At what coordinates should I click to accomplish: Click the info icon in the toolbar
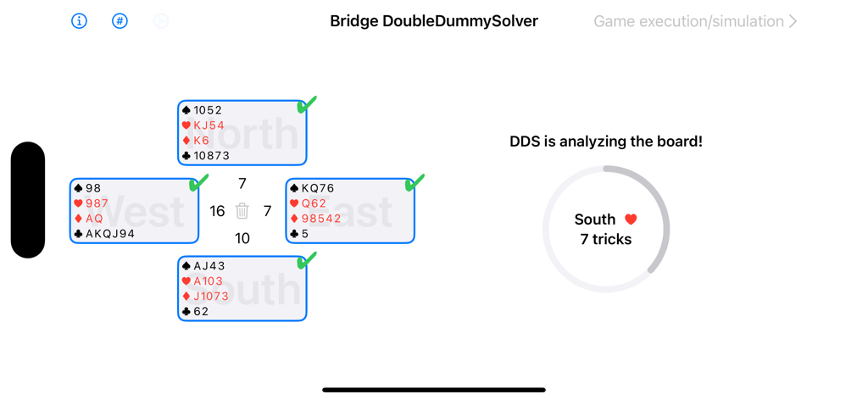coord(79,21)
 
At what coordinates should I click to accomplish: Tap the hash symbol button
coord(120,21)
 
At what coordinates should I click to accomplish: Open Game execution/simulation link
coord(694,21)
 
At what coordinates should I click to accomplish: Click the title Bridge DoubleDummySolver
coord(433,21)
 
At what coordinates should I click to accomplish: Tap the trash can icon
coord(242,211)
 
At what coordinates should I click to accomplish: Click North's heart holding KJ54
coord(209,125)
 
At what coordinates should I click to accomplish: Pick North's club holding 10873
coord(211,156)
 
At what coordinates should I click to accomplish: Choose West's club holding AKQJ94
coord(104,234)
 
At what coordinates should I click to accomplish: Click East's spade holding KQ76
coord(318,188)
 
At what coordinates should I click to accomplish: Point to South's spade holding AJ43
coord(209,266)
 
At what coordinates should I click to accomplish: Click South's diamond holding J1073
coord(211,297)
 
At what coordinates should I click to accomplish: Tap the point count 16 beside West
coord(217,211)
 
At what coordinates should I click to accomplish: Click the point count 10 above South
coord(242,238)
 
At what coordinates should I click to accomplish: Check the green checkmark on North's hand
coord(307,104)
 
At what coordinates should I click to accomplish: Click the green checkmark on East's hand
coord(415,182)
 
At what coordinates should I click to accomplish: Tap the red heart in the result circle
coord(631,219)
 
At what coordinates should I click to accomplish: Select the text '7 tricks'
coord(605,240)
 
